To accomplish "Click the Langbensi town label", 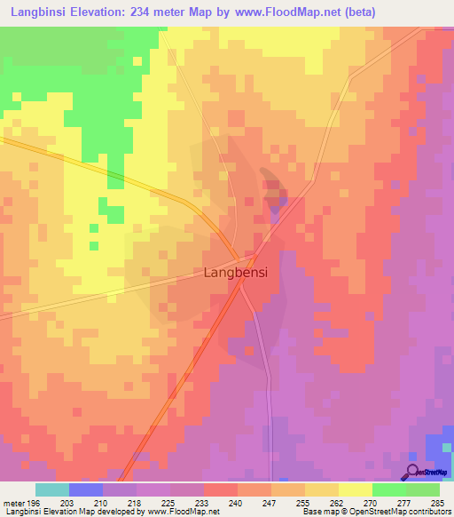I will click(x=236, y=273).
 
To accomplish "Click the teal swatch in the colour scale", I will click(x=51, y=489).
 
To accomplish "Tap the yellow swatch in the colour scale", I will click(x=355, y=489).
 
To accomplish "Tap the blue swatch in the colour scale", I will click(x=86, y=489).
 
